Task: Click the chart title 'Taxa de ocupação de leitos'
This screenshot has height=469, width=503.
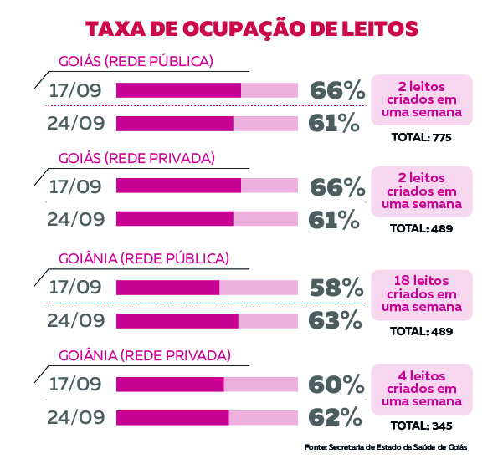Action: [x=251, y=28]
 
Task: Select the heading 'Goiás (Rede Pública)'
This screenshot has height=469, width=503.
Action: [x=136, y=61]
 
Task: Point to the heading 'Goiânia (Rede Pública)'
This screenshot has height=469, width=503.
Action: [x=143, y=257]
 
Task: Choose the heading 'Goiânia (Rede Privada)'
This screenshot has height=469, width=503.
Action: [x=144, y=355]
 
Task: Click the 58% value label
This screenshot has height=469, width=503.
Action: [x=337, y=287]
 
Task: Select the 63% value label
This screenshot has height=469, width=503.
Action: [x=337, y=319]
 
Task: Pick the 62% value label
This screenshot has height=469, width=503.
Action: [x=337, y=416]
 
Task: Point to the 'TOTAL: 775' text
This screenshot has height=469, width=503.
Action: [x=421, y=137]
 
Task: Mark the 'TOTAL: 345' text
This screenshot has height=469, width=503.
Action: [x=421, y=427]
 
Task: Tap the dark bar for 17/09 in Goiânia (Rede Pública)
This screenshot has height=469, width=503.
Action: [x=167, y=288]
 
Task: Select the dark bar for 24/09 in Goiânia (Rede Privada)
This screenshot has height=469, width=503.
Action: [x=172, y=416]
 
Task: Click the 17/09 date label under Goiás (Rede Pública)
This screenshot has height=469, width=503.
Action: [x=75, y=90]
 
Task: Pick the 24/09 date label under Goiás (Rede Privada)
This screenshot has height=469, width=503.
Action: [x=75, y=220]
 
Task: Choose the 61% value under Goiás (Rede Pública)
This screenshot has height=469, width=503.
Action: [x=335, y=124]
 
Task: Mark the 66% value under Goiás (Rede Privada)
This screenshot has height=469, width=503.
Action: [x=337, y=187]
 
